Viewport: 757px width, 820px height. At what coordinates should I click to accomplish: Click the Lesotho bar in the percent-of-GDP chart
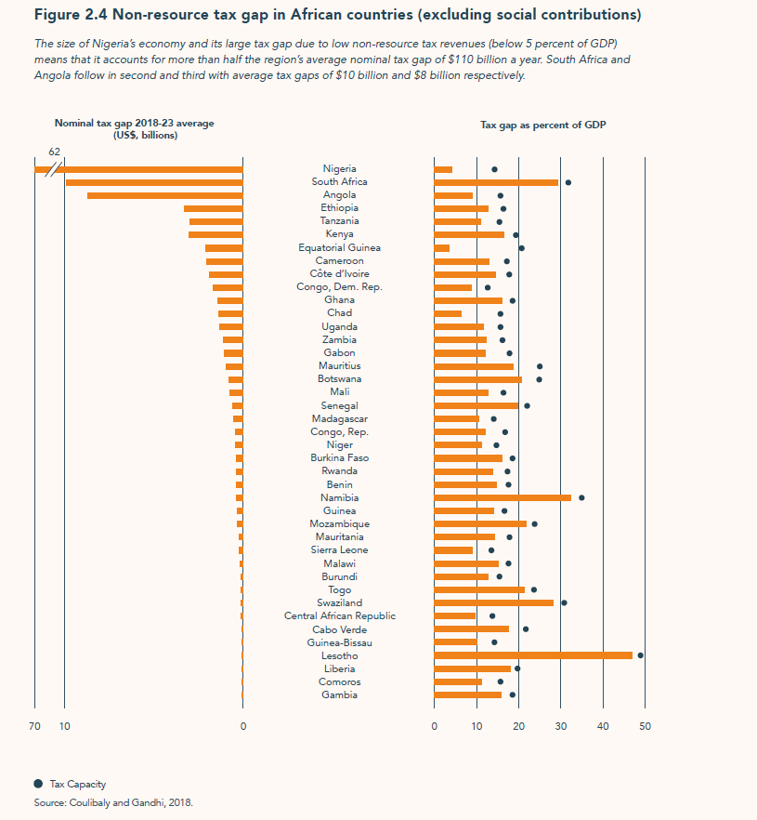pyautogui.click(x=533, y=655)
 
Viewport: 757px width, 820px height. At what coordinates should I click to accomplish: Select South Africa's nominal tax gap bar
pyautogui.click(x=153, y=182)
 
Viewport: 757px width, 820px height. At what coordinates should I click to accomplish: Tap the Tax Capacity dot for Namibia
pyautogui.click(x=581, y=497)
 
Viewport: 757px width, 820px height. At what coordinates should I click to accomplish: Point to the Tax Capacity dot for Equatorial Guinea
pyautogui.click(x=521, y=248)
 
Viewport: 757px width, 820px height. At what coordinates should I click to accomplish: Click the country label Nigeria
pyautogui.click(x=339, y=169)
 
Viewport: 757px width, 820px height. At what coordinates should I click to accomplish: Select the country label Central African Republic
pyautogui.click(x=339, y=616)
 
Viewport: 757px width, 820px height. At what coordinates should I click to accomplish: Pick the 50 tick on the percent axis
pyautogui.click(x=645, y=726)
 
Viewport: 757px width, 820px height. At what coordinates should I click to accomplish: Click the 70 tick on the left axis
pyautogui.click(x=34, y=726)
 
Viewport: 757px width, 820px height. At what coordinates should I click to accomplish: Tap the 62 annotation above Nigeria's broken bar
pyautogui.click(x=54, y=152)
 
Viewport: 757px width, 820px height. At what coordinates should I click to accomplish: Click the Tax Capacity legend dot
pyautogui.click(x=38, y=784)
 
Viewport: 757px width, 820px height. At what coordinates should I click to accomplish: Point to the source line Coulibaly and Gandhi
pyautogui.click(x=113, y=801)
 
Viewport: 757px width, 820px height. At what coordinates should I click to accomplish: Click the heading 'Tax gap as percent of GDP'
pyautogui.click(x=543, y=125)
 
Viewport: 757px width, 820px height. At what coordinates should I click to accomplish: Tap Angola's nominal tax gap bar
pyautogui.click(x=164, y=195)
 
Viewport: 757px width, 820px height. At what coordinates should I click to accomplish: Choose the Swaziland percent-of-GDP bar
pyautogui.click(x=493, y=602)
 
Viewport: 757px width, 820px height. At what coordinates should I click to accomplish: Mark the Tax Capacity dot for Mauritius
pyautogui.click(x=540, y=366)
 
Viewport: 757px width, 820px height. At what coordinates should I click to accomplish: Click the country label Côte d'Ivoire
pyautogui.click(x=339, y=274)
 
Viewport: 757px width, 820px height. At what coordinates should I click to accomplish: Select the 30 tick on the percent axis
pyautogui.click(x=560, y=726)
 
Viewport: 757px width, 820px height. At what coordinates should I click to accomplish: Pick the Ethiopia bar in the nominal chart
pyautogui.click(x=213, y=208)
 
